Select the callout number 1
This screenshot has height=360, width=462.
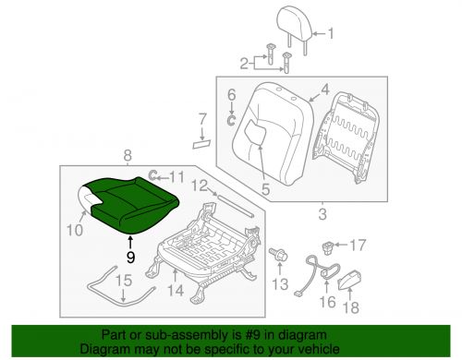335,36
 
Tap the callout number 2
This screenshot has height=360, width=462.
246,63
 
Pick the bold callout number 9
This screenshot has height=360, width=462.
130,258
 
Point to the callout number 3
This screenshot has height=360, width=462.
322,215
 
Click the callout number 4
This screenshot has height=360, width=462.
323,91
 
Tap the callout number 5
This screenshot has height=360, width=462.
265,190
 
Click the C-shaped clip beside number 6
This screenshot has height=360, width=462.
230,117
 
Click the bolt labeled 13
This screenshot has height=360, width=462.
276,252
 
